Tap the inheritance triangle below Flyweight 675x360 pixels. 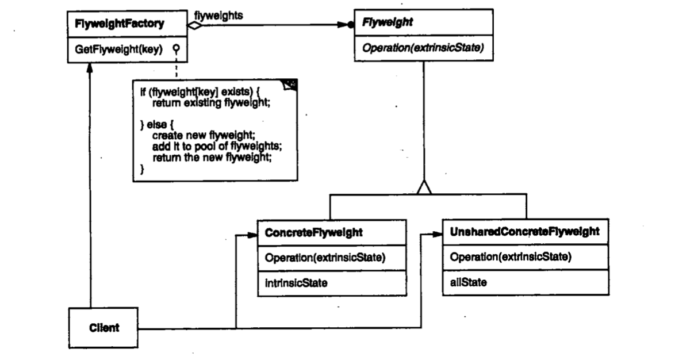[424, 187]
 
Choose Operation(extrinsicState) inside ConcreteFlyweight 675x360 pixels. [325, 257]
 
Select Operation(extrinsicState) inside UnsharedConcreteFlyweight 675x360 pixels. [511, 256]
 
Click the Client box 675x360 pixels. [104, 328]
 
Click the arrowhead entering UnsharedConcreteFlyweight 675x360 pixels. [438, 234]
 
